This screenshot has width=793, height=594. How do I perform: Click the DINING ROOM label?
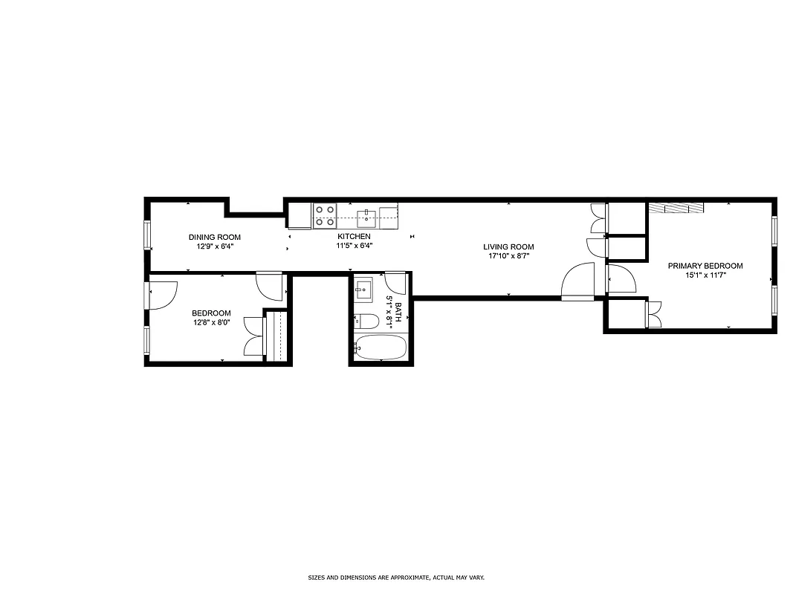pyautogui.click(x=214, y=237)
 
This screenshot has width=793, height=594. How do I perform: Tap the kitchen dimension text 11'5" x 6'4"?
pyautogui.click(x=354, y=246)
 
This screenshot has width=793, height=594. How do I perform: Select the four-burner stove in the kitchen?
pyautogui.click(x=324, y=215)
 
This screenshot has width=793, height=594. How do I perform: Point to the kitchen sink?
pyautogui.click(x=367, y=218)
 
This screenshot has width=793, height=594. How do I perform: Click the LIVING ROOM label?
pyautogui.click(x=508, y=247)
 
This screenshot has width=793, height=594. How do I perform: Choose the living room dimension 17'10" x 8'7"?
pyautogui.click(x=508, y=256)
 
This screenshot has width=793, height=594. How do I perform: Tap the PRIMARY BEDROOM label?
pyautogui.click(x=705, y=266)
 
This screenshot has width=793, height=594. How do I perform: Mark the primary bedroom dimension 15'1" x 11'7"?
pyautogui.click(x=705, y=275)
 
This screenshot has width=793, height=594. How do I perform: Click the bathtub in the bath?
pyautogui.click(x=381, y=347)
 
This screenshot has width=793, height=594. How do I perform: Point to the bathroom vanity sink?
pyautogui.click(x=363, y=289)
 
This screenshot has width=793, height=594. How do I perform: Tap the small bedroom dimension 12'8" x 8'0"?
pyautogui.click(x=211, y=322)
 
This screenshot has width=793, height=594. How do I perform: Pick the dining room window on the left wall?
pyautogui.click(x=147, y=236)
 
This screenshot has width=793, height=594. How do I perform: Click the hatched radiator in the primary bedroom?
pyautogui.click(x=676, y=208)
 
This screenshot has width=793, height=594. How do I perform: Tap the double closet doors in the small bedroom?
pyautogui.click(x=255, y=336)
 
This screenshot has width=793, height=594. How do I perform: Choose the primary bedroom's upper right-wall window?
pyautogui.click(x=774, y=231)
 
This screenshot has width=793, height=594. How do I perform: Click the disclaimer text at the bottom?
pyautogui.click(x=396, y=577)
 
